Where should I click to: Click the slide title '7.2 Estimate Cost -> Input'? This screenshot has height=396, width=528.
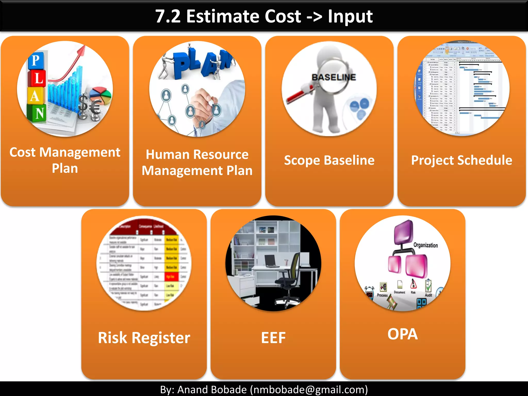264,16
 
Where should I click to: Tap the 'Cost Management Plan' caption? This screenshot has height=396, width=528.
65,160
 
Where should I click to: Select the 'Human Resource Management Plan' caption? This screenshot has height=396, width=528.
197,162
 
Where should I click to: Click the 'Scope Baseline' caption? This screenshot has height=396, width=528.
329,160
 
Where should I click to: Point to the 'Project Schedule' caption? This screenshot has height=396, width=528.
461,160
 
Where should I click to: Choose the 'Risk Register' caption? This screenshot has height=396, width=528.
144,337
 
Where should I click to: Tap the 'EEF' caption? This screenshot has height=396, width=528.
273,337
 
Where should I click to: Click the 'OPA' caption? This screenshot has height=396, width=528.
402,334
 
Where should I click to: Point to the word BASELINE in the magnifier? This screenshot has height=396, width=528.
334,77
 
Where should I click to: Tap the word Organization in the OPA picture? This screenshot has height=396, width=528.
425,245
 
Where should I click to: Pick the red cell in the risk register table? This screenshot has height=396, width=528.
171,277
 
